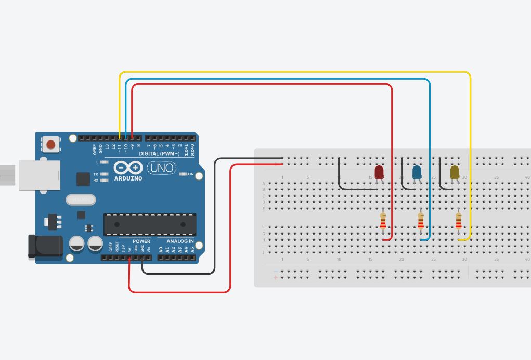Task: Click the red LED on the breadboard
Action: coord(379,172)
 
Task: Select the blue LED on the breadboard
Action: coord(417,172)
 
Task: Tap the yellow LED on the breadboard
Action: coord(455,172)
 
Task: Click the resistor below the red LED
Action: coord(383,221)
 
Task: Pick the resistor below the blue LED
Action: coord(421,221)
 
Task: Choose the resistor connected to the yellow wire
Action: coord(458,221)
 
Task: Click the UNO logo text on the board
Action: coord(161,168)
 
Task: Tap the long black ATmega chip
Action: coord(150,224)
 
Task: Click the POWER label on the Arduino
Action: coord(141,241)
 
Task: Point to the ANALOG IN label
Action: coord(180,241)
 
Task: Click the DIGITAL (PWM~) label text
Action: coord(159,154)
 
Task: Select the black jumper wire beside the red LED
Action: coord(340,177)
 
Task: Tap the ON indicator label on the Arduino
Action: coord(191,174)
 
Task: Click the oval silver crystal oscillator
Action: coord(81,199)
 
